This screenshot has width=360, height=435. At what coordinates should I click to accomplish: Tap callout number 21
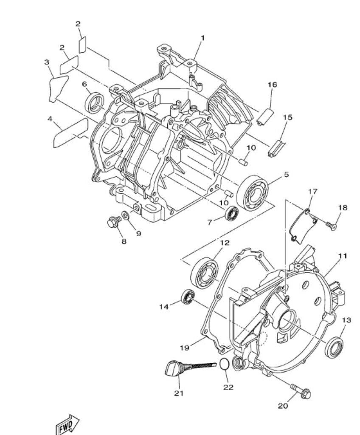179,393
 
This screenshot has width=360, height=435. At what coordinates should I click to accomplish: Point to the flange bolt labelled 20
301,390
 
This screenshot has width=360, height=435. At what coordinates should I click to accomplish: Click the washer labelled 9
125,215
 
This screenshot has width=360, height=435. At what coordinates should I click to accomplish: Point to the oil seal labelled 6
95,103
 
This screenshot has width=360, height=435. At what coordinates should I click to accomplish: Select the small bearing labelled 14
188,297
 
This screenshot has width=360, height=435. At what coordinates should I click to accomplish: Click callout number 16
273,85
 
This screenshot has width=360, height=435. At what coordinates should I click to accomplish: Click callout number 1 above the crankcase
202,38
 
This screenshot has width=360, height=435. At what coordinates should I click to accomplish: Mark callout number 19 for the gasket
184,347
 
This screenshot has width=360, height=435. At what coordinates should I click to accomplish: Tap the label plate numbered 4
71,133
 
